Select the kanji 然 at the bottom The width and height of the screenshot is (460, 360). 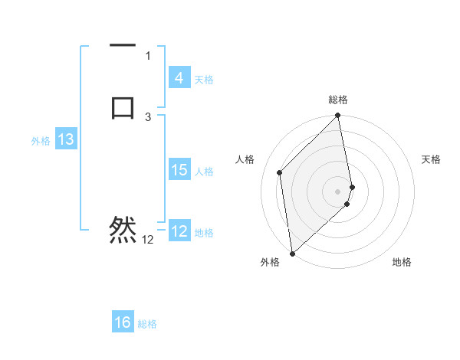pos(123,229)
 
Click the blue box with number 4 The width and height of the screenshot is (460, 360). pos(179,78)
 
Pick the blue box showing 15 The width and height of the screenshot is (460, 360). pos(179,170)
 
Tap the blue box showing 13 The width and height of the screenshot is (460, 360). pos(66,140)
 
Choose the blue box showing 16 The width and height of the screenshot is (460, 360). pos(123,322)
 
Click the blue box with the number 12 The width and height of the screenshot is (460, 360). pos(179,231)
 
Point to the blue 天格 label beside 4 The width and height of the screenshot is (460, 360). pos(204,80)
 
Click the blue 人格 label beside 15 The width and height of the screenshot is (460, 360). pos(205,172)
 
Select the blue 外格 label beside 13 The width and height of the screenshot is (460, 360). pos(41,141)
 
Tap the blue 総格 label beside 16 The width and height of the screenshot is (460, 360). pos(147,324)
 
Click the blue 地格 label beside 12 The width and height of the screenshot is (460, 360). pos(205,233)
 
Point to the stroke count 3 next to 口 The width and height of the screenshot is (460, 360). pos(148,116)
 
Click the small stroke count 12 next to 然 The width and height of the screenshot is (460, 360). pos(147,240)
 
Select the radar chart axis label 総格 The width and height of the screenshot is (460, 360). pos(337,100)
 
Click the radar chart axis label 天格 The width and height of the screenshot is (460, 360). pos(432,159)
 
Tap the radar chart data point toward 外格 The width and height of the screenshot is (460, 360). pos(292,253)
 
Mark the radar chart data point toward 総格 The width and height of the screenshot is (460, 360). pos(337,116)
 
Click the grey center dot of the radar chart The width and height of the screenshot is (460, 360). pos(337,191)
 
